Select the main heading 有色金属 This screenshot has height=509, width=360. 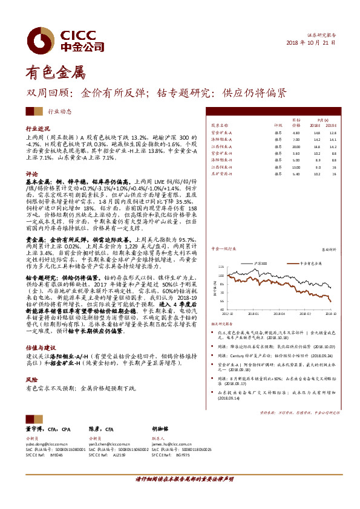tap(51, 74)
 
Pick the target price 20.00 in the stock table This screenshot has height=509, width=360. tap(296, 146)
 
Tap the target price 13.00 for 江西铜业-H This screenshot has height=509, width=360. tap(296, 167)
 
